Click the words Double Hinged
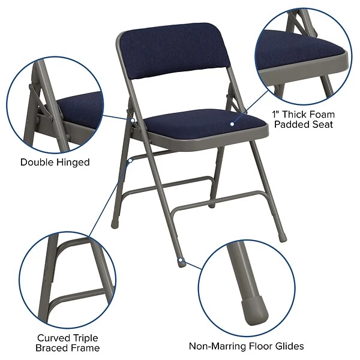point(55,162)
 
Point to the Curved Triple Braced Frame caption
point(68,343)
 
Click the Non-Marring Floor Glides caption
point(247,346)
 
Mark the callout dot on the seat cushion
point(233,124)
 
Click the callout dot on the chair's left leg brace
point(130,160)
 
